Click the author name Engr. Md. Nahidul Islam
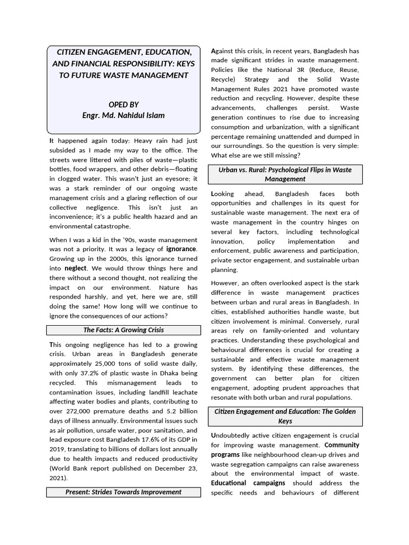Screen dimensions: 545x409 coord(123,115)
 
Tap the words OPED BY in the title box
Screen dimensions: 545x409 coord(123,105)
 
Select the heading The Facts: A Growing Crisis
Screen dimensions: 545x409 coord(123,331)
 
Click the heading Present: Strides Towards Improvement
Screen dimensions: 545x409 coord(123,492)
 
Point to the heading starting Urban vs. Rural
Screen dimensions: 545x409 coord(285,175)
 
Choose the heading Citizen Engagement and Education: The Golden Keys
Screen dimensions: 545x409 coord(285,416)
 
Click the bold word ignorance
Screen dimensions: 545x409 coord(182,249)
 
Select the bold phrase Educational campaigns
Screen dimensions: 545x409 coord(248,483)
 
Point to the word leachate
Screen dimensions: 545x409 coord(183,392)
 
